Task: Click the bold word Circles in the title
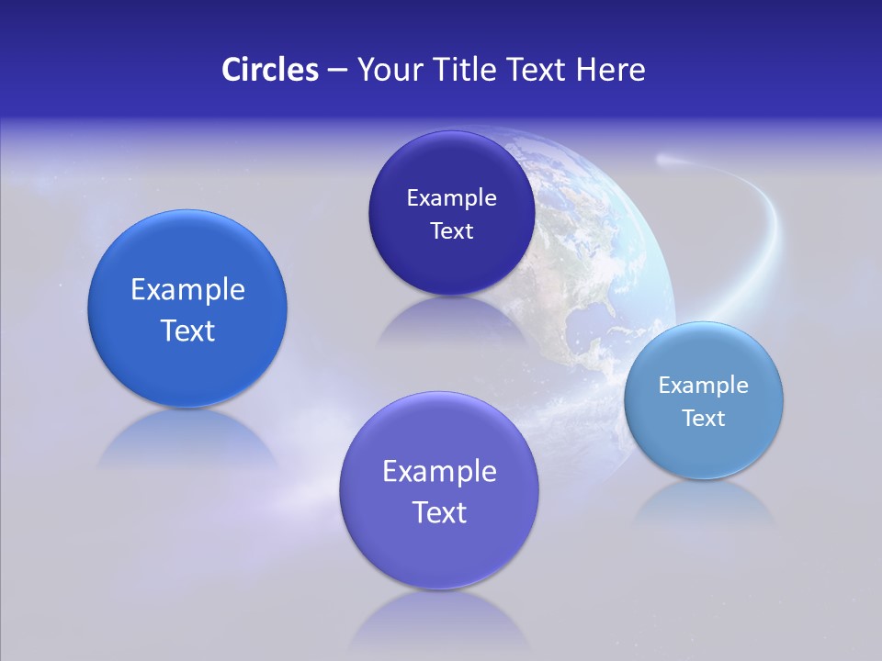tap(269, 70)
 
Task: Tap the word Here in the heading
tap(610, 70)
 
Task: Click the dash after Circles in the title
tap(336, 71)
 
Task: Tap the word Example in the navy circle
tap(451, 198)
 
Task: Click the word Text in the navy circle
tap(451, 231)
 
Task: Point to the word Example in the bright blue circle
tap(187, 290)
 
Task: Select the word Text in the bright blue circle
tap(187, 330)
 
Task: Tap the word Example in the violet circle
tap(439, 472)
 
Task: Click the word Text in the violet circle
tap(439, 512)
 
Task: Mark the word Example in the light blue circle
tap(704, 386)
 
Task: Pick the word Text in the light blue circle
tap(704, 419)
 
